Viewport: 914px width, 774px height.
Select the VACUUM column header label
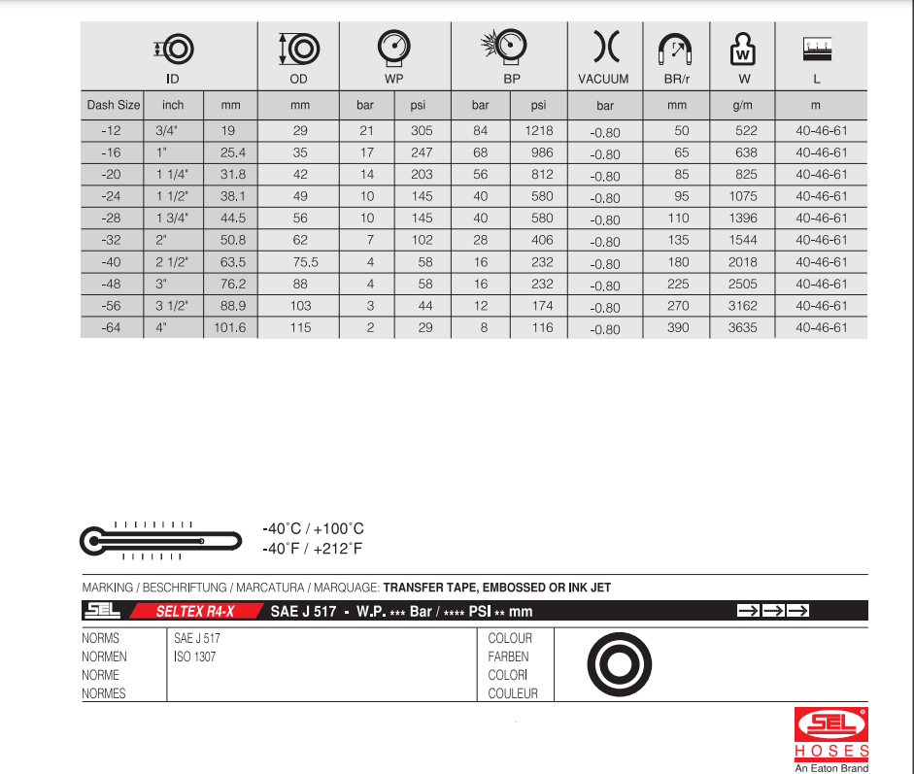click(603, 79)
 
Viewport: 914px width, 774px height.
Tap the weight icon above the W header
click(743, 49)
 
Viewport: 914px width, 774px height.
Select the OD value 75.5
click(300, 262)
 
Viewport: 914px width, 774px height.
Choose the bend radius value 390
click(678, 328)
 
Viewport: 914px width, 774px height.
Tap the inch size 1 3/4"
click(172, 219)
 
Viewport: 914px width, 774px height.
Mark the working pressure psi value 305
click(422, 131)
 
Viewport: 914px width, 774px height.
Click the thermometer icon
click(159, 539)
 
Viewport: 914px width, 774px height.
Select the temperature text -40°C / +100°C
click(313, 529)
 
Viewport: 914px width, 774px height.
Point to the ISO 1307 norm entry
click(194, 657)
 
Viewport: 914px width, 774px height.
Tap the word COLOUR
click(510, 639)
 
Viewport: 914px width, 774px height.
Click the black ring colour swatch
click(618, 664)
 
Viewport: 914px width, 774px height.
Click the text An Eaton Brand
click(831, 768)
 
